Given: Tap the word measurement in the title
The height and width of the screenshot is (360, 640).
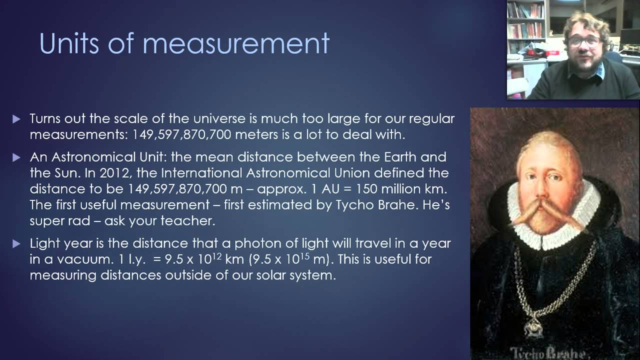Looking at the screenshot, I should [x=235, y=44].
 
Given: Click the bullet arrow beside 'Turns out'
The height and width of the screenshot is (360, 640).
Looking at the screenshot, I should [x=16, y=119].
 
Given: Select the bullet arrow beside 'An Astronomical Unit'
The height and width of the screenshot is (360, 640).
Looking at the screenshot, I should [x=16, y=157].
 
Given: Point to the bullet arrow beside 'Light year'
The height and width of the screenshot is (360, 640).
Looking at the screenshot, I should [x=16, y=244].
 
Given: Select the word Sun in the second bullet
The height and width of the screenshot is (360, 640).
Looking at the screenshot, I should [x=60, y=173].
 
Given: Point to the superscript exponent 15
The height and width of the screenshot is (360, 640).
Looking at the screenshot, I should [x=305, y=255].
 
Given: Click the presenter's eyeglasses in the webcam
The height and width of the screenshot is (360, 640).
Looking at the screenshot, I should [x=584, y=41].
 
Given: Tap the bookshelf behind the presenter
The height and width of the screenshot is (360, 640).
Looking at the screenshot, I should [x=524, y=25].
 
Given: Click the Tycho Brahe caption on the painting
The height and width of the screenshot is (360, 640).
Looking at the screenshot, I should [x=547, y=351].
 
